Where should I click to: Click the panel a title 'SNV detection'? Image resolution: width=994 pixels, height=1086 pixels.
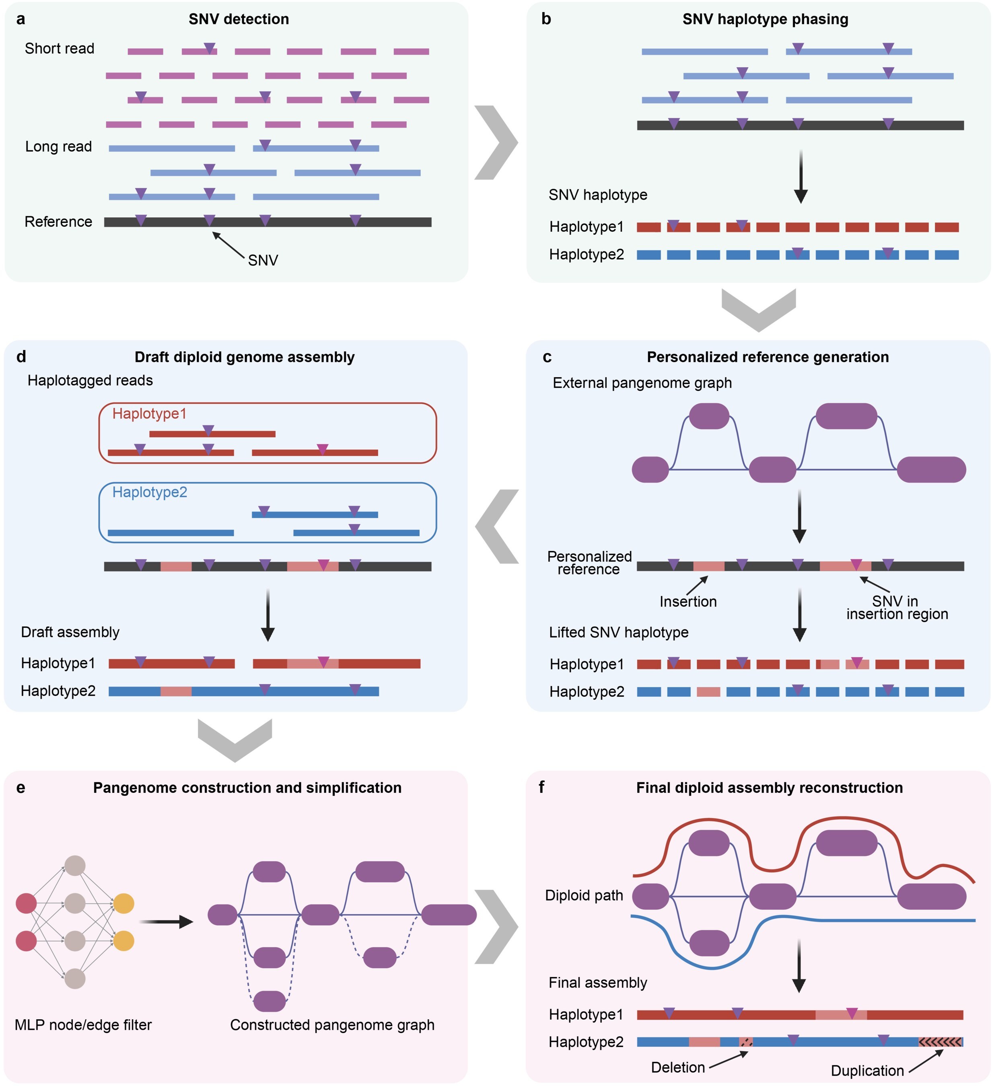pyautogui.click(x=239, y=19)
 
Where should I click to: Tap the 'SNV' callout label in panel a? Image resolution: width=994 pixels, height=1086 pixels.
pyautogui.click(x=263, y=261)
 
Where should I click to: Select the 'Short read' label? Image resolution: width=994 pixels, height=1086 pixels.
pyautogui.click(x=59, y=49)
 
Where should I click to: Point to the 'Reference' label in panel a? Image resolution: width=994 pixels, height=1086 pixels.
pyautogui.click(x=58, y=222)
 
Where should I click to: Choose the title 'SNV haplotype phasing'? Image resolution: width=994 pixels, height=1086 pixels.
pyautogui.click(x=765, y=19)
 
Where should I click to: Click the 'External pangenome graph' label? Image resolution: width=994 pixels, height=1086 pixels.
pyautogui.click(x=642, y=383)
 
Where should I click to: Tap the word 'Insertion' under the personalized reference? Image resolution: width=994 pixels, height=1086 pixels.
pyautogui.click(x=688, y=602)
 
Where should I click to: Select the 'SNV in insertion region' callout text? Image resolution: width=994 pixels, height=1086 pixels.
pyautogui.click(x=897, y=608)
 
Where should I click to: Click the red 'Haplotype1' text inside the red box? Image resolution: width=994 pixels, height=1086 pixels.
pyautogui.click(x=149, y=414)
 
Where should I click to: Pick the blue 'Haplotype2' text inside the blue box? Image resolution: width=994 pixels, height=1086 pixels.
pyautogui.click(x=150, y=492)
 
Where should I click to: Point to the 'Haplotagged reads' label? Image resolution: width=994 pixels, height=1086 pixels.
pyautogui.click(x=90, y=381)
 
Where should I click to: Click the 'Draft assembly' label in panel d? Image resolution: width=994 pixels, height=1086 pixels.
pyautogui.click(x=70, y=632)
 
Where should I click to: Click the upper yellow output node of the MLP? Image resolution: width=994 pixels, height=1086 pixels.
pyautogui.click(x=124, y=904)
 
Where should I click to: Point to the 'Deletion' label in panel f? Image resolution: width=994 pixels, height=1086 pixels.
pyautogui.click(x=678, y=1067)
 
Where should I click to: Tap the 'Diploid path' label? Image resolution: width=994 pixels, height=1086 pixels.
pyautogui.click(x=584, y=896)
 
